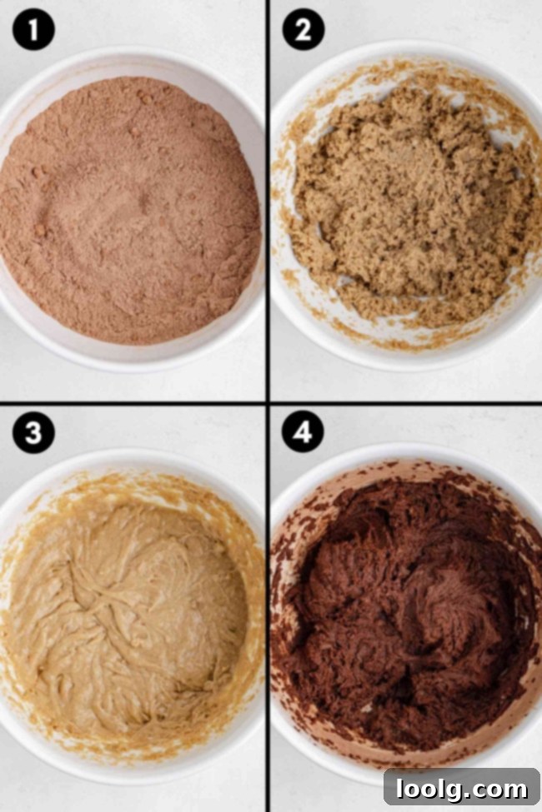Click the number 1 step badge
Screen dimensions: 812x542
(x=34, y=32)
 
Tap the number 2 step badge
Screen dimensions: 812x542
(x=303, y=32)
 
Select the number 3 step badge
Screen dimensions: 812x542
(x=34, y=434)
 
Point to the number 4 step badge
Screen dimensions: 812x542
(x=303, y=434)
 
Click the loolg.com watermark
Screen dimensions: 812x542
(x=461, y=788)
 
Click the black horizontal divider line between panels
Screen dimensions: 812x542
(x=133, y=403)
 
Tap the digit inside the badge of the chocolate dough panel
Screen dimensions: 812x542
(x=303, y=434)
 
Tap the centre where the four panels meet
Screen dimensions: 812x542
(x=268, y=403)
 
